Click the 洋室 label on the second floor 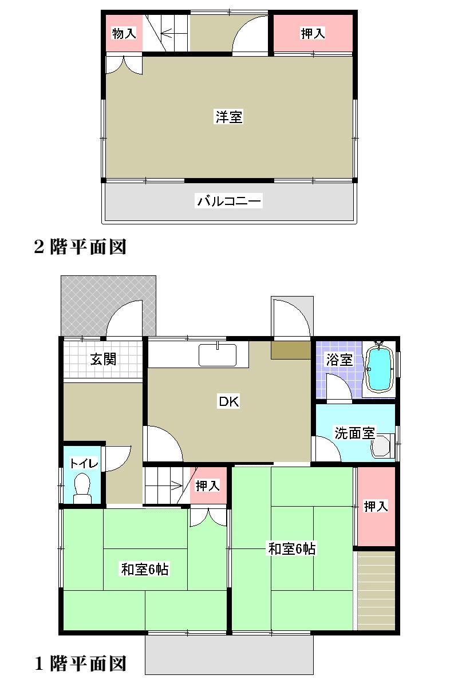point(229,117)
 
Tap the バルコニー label point(229,201)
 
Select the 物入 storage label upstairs point(124,34)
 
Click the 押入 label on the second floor point(313,34)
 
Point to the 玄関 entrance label point(104,359)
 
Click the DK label point(228,401)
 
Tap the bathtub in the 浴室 point(378,369)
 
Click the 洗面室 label point(354,433)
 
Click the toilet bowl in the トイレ point(82,488)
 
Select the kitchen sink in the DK point(218,356)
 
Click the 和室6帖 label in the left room point(144,570)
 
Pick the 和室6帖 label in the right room point(292,548)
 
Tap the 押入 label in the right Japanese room point(376,506)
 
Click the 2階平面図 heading point(80,247)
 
